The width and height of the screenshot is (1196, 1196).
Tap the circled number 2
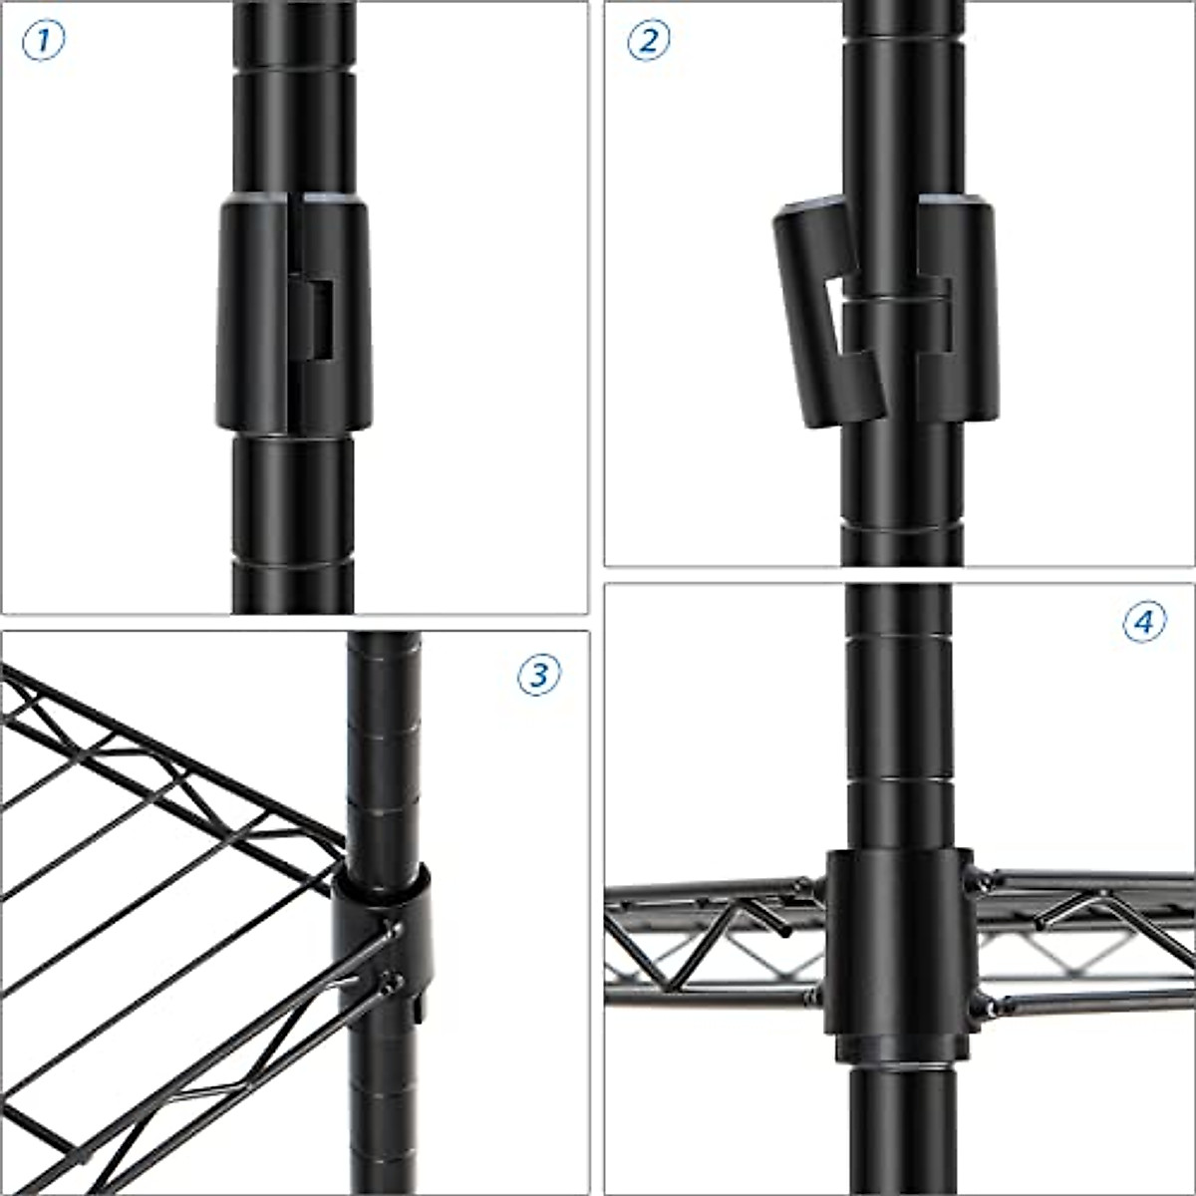648,41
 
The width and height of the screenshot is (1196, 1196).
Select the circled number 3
539,675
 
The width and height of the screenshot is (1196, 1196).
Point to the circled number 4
1144,623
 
